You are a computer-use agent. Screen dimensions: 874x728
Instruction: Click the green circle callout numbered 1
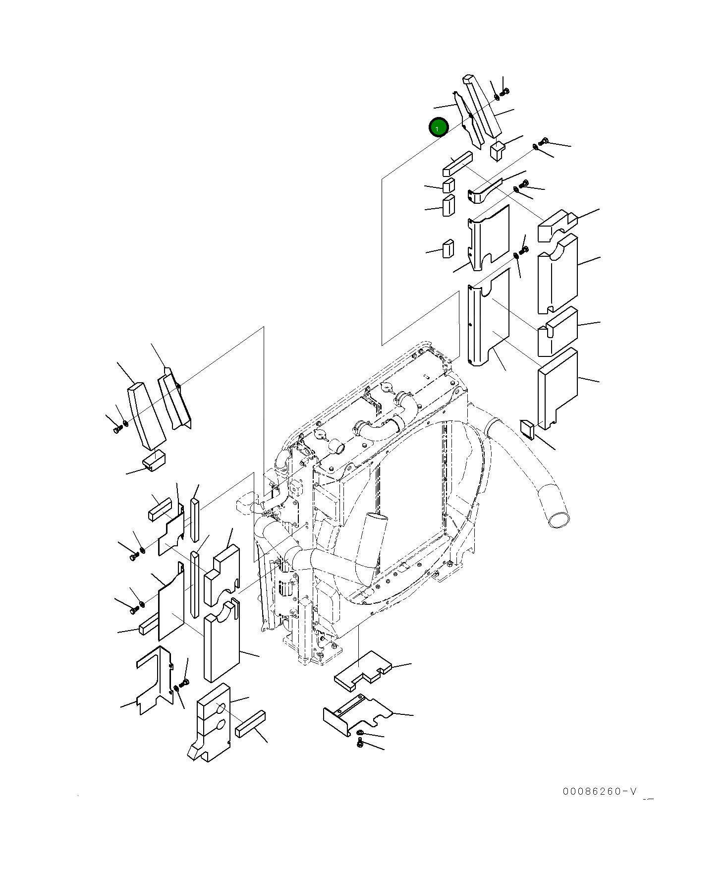(x=438, y=128)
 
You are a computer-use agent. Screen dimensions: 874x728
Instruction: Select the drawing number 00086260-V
(x=600, y=791)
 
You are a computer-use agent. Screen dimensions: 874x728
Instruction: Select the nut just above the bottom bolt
(x=360, y=733)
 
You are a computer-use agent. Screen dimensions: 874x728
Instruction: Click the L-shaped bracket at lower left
(x=154, y=679)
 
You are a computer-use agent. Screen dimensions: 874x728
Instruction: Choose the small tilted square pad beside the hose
(x=527, y=428)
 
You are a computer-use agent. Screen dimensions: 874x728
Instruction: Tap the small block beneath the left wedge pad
(x=154, y=461)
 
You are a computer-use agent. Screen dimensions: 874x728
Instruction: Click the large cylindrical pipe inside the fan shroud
(x=372, y=540)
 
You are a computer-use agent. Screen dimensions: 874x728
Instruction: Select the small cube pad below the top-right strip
(x=497, y=151)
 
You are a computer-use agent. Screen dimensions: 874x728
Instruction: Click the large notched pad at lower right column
(x=558, y=387)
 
